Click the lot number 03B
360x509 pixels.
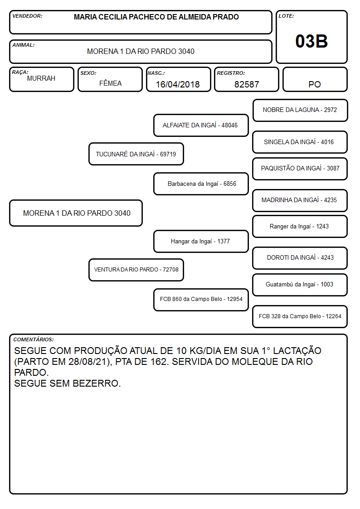pos(311,41)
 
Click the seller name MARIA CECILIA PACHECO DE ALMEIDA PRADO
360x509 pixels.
pos(156,17)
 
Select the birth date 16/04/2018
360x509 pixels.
pos(178,84)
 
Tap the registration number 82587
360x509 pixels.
pos(247,84)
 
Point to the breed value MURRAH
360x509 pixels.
pos(41,78)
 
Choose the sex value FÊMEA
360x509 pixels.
pos(110,83)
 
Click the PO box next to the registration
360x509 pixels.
pos(315,79)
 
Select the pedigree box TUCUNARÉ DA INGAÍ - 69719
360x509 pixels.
pos(136,154)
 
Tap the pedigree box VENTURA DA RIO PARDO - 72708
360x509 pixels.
pos(136,270)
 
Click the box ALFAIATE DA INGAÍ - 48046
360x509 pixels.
pos(201,125)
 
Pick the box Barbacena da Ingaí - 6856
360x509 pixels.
pos(201,184)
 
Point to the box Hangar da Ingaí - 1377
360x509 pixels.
pos(201,242)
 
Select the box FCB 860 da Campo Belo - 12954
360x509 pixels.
pos(201,300)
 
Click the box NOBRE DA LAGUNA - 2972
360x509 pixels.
pos(300,111)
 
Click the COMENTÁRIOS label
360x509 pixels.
pos(34,339)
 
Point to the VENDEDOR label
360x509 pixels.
pos(27,16)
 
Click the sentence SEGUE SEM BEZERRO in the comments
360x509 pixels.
pos(67,383)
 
